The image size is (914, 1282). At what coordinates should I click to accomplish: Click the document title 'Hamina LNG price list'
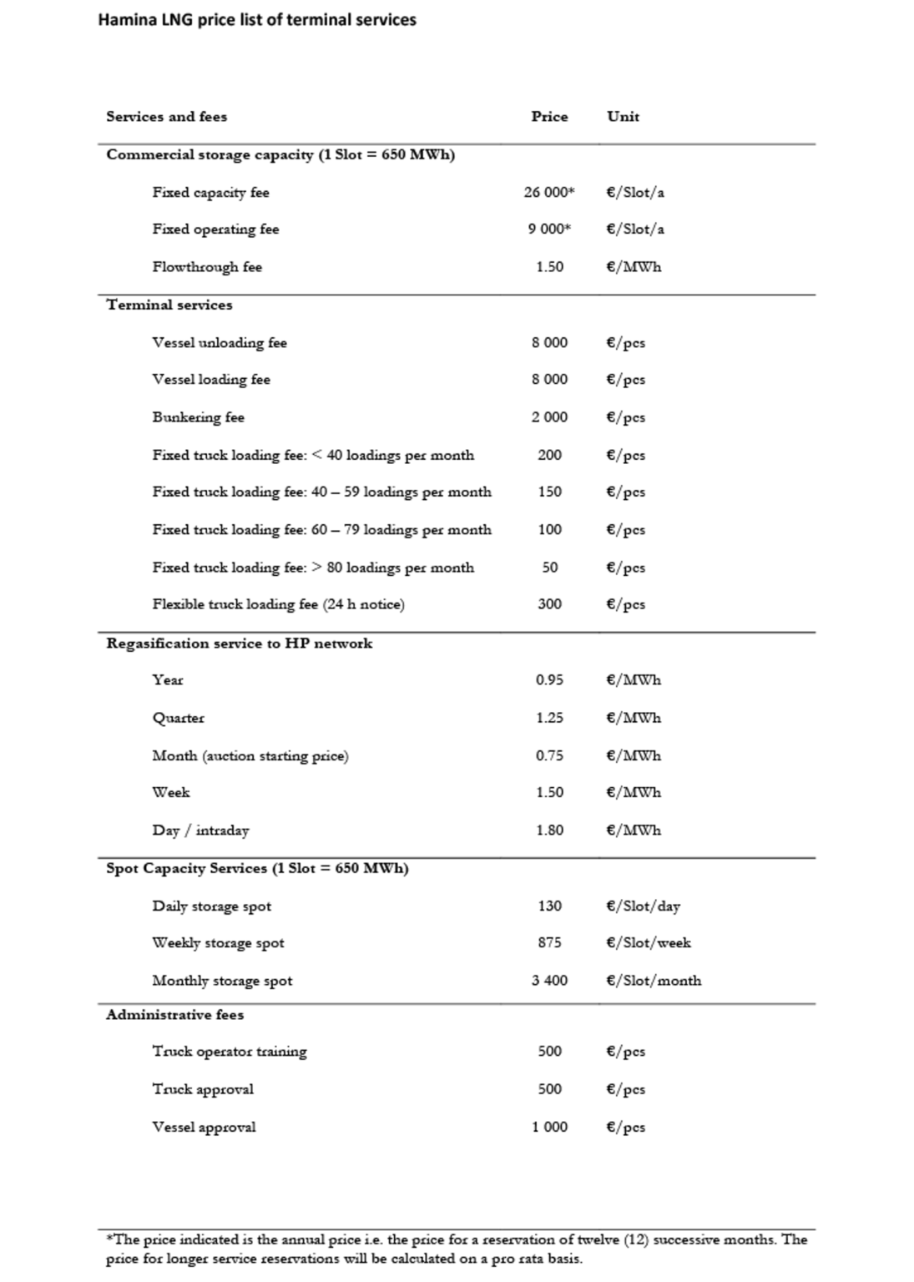257,19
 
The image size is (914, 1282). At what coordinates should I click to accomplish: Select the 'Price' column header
549,117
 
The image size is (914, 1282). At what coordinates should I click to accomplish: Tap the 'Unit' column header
623,117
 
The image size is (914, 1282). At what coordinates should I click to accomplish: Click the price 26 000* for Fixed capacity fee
548,192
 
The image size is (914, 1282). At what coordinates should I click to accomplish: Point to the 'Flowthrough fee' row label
207,267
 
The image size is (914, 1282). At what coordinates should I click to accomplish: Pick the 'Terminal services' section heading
169,305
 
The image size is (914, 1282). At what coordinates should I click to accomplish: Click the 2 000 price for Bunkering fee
549,416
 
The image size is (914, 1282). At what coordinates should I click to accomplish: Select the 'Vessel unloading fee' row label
220,342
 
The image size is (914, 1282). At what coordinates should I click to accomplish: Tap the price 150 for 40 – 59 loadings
549,492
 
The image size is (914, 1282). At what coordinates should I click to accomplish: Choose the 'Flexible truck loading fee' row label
278,603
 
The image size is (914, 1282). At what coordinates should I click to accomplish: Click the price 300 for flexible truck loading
549,603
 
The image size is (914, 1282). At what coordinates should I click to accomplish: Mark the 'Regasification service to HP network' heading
240,643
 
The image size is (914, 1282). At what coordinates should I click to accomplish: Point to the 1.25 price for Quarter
549,718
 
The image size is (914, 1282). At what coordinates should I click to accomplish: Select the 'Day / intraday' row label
200,830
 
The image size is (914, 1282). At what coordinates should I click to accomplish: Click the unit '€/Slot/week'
649,942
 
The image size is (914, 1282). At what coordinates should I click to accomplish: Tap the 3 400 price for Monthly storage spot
549,980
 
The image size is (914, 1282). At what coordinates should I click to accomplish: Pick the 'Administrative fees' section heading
175,1015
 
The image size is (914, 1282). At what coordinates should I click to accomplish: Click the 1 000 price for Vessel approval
549,1127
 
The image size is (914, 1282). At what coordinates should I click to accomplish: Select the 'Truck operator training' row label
230,1052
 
